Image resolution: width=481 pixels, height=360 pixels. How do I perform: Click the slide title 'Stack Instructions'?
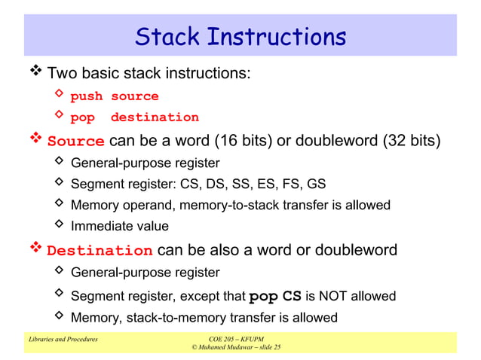[240, 37]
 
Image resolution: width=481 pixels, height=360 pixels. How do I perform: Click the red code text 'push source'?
[115, 96]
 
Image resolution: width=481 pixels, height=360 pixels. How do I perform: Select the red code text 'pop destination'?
[134, 117]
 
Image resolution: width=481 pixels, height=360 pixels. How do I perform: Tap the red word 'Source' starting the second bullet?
[76, 142]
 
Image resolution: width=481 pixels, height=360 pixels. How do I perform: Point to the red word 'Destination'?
[100, 251]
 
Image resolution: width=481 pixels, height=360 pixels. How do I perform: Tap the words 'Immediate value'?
[119, 226]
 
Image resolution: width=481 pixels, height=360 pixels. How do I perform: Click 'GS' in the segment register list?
[317, 184]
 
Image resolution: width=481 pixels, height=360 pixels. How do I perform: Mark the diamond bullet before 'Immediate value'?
[60, 225]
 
